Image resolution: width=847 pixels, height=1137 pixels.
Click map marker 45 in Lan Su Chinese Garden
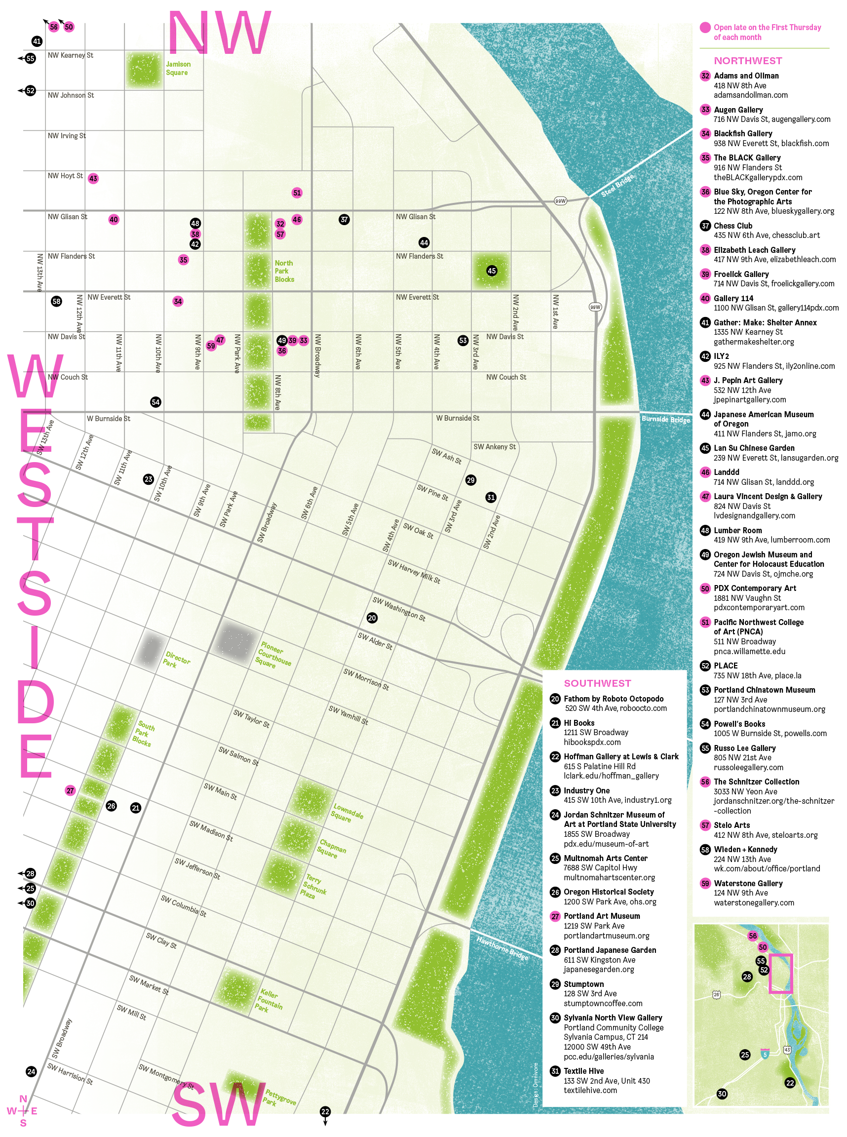tap(491, 271)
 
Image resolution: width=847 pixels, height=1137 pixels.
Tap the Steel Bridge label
tap(617, 185)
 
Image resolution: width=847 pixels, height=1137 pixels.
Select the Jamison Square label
tap(177, 68)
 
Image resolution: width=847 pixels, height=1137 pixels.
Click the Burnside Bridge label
tap(665, 419)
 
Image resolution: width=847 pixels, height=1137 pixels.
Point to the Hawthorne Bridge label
tap(502, 948)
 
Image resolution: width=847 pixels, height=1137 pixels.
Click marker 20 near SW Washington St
tap(372, 618)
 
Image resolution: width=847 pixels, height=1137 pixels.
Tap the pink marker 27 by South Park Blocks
tap(70, 790)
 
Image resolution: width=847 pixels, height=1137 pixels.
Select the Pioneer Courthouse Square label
tap(274, 654)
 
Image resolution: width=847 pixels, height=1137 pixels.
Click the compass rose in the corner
tap(23, 1111)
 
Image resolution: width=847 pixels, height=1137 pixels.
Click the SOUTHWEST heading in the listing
tap(597, 683)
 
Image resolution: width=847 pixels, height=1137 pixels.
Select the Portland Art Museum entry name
tap(601, 916)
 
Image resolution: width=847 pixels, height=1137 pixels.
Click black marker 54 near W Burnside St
tap(156, 402)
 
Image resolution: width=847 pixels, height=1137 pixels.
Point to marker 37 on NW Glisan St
tap(344, 220)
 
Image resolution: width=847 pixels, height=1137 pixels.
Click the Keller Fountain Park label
tap(270, 1001)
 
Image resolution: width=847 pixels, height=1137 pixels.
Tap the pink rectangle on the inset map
tap(780, 974)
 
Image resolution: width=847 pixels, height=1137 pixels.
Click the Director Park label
tap(177, 660)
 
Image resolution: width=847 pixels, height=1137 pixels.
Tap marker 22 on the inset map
tap(790, 1082)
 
